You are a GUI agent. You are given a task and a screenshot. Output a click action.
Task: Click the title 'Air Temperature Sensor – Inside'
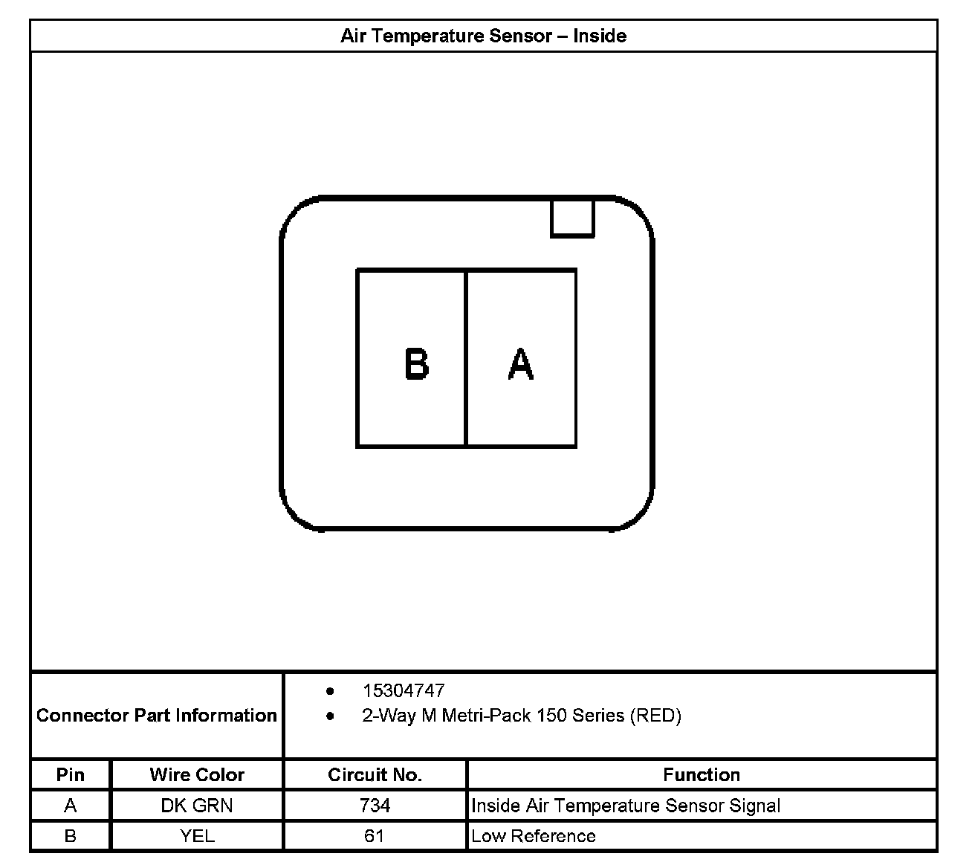[483, 36]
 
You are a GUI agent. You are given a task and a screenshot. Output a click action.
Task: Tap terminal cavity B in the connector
[412, 358]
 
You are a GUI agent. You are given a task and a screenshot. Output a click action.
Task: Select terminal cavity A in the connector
[521, 358]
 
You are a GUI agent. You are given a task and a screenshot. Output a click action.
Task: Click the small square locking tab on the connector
[572, 218]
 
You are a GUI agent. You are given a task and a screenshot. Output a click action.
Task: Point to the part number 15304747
[403, 690]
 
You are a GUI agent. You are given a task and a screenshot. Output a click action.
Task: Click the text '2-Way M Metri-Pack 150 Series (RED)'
[521, 716]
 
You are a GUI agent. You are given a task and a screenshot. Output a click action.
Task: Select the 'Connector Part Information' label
[157, 716]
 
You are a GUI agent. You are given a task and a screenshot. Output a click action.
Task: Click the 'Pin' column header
[71, 775]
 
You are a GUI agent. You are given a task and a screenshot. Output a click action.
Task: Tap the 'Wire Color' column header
[197, 775]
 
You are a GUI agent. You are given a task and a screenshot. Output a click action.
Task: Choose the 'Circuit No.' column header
[375, 775]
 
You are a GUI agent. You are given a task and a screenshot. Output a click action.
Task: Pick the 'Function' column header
[702, 775]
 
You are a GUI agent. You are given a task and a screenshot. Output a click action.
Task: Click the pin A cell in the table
[71, 806]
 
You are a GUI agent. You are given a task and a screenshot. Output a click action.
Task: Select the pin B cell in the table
[71, 836]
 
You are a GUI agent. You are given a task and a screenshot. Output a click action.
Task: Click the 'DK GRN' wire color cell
[197, 806]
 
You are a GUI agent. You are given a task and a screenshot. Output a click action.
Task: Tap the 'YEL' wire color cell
[197, 836]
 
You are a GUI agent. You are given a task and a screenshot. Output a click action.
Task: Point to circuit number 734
[375, 806]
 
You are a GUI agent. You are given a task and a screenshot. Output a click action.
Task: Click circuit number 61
[375, 836]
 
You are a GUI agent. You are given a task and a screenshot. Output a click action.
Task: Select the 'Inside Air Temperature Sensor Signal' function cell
[626, 806]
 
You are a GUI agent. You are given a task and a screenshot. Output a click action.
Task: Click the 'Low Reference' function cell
[534, 836]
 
